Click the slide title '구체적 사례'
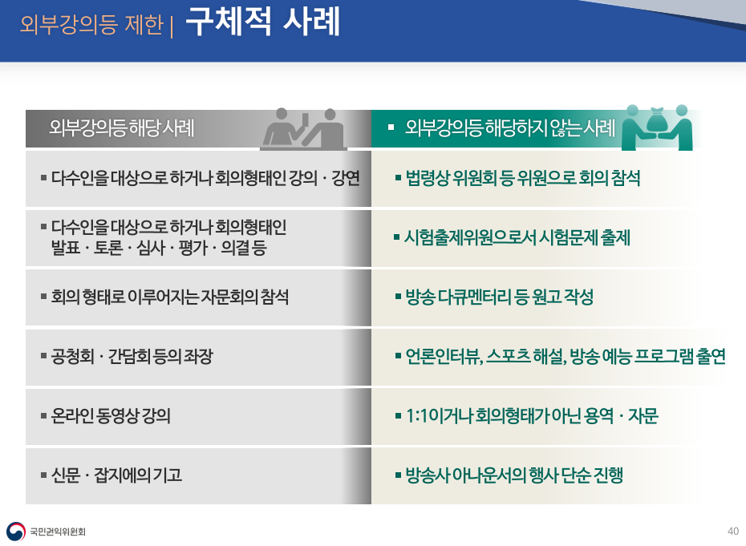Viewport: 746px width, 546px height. pos(262,22)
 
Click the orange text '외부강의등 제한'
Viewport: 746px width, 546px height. pos(91,24)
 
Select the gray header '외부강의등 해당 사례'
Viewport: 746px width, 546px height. pos(122,127)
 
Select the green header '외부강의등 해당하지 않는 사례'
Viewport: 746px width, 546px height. pos(510,127)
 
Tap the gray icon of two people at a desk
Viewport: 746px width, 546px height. pos(303,128)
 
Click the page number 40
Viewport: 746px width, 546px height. pos(732,531)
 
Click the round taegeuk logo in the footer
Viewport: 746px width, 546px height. pos(16,532)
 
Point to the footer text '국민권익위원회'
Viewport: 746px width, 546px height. pos(58,532)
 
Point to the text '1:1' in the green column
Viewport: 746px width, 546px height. pos(417,415)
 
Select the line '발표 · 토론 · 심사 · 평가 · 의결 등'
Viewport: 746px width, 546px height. pos(159,248)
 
